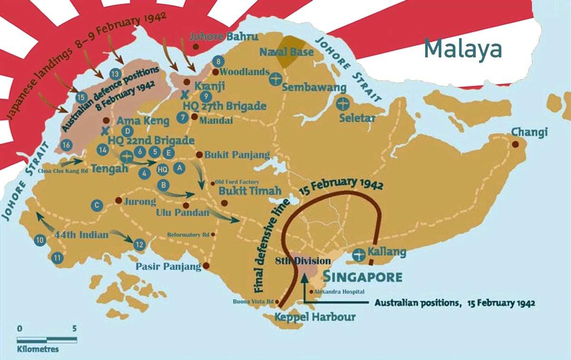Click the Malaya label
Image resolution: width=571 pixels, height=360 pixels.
(463, 49)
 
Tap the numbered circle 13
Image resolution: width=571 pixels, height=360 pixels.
(115, 74)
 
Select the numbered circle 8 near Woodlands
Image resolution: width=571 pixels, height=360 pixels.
(218, 61)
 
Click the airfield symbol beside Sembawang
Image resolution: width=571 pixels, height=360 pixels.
(275, 79)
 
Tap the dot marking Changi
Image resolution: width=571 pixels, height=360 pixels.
(515, 144)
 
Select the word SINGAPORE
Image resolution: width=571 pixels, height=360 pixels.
(363, 277)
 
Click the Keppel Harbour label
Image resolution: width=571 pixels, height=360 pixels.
(315, 317)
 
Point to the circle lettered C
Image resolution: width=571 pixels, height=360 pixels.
(96, 205)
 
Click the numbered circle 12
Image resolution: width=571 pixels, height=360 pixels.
(139, 245)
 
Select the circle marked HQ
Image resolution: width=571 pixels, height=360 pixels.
(162, 169)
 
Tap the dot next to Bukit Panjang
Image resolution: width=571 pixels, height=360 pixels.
(199, 155)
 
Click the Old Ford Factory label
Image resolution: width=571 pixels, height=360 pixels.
(237, 182)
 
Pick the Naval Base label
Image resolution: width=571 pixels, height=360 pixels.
(287, 51)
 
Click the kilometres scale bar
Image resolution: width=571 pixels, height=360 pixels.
(47, 340)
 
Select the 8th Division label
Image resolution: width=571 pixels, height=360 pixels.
(303, 260)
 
